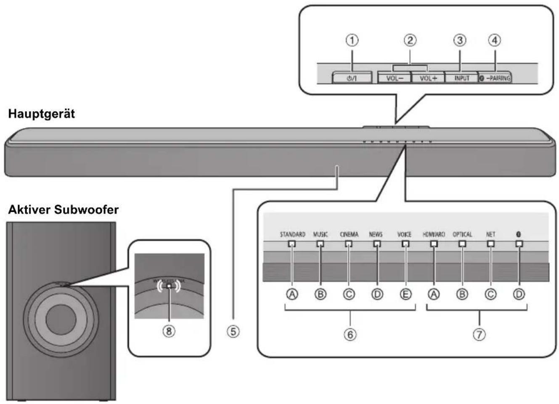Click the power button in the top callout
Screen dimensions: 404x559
coord(352,78)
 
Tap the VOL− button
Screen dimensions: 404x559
coord(393,78)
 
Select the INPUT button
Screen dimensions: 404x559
coord(461,78)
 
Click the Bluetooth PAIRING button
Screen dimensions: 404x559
coord(495,78)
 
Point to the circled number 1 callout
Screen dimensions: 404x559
coord(352,40)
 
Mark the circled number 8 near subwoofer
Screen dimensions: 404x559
coord(169,331)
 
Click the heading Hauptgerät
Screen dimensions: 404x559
coord(42,114)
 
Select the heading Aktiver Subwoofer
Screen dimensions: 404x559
coord(63,209)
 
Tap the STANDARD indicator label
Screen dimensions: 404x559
coord(292,234)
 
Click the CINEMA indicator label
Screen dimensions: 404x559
coord(349,234)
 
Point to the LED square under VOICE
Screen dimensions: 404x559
coord(405,244)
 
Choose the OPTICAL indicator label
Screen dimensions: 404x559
coord(462,234)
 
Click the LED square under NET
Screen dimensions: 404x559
coord(490,244)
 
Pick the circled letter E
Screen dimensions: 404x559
coord(405,294)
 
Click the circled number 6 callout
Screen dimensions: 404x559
coord(350,334)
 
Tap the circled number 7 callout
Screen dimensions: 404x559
coord(479,334)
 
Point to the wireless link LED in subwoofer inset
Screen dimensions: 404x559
coord(169,286)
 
